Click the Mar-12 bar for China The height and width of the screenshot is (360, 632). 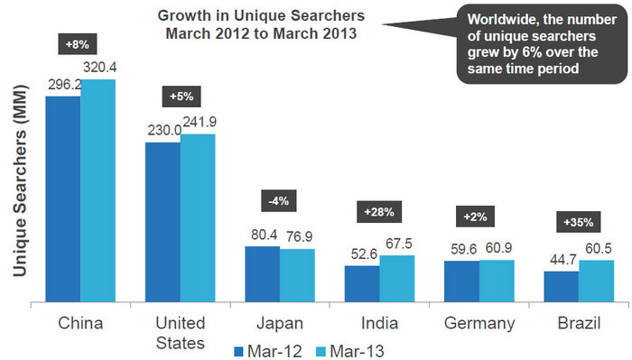tap(63, 198)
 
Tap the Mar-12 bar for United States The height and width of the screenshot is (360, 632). tap(163, 222)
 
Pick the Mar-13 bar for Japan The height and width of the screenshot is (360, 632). tap(297, 275)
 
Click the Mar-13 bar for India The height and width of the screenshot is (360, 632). tap(396, 279)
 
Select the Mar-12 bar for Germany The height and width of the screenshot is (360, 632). tap(461, 282)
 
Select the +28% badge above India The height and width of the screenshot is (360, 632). tap(378, 210)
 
